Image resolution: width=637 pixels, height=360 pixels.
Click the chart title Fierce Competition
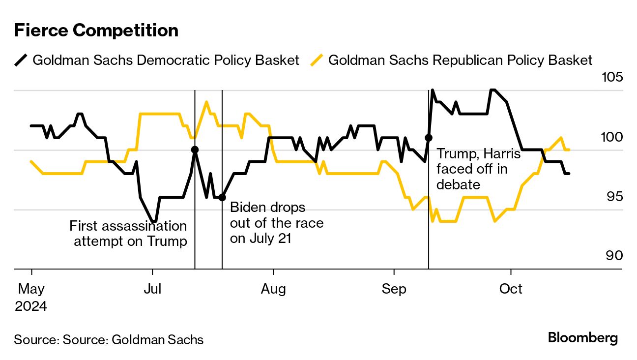96,30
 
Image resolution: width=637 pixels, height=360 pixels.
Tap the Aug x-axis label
273,289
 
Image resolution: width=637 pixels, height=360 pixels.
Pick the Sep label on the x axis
394,289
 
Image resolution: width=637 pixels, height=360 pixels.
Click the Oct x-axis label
511,289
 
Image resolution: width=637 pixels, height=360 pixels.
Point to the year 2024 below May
30,306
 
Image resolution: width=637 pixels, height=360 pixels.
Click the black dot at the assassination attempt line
195,150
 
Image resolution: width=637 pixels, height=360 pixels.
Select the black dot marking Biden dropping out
222,197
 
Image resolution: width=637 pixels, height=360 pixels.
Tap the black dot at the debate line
429,138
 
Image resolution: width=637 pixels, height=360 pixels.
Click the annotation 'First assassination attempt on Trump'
129,234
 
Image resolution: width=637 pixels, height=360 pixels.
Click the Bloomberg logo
582,338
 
